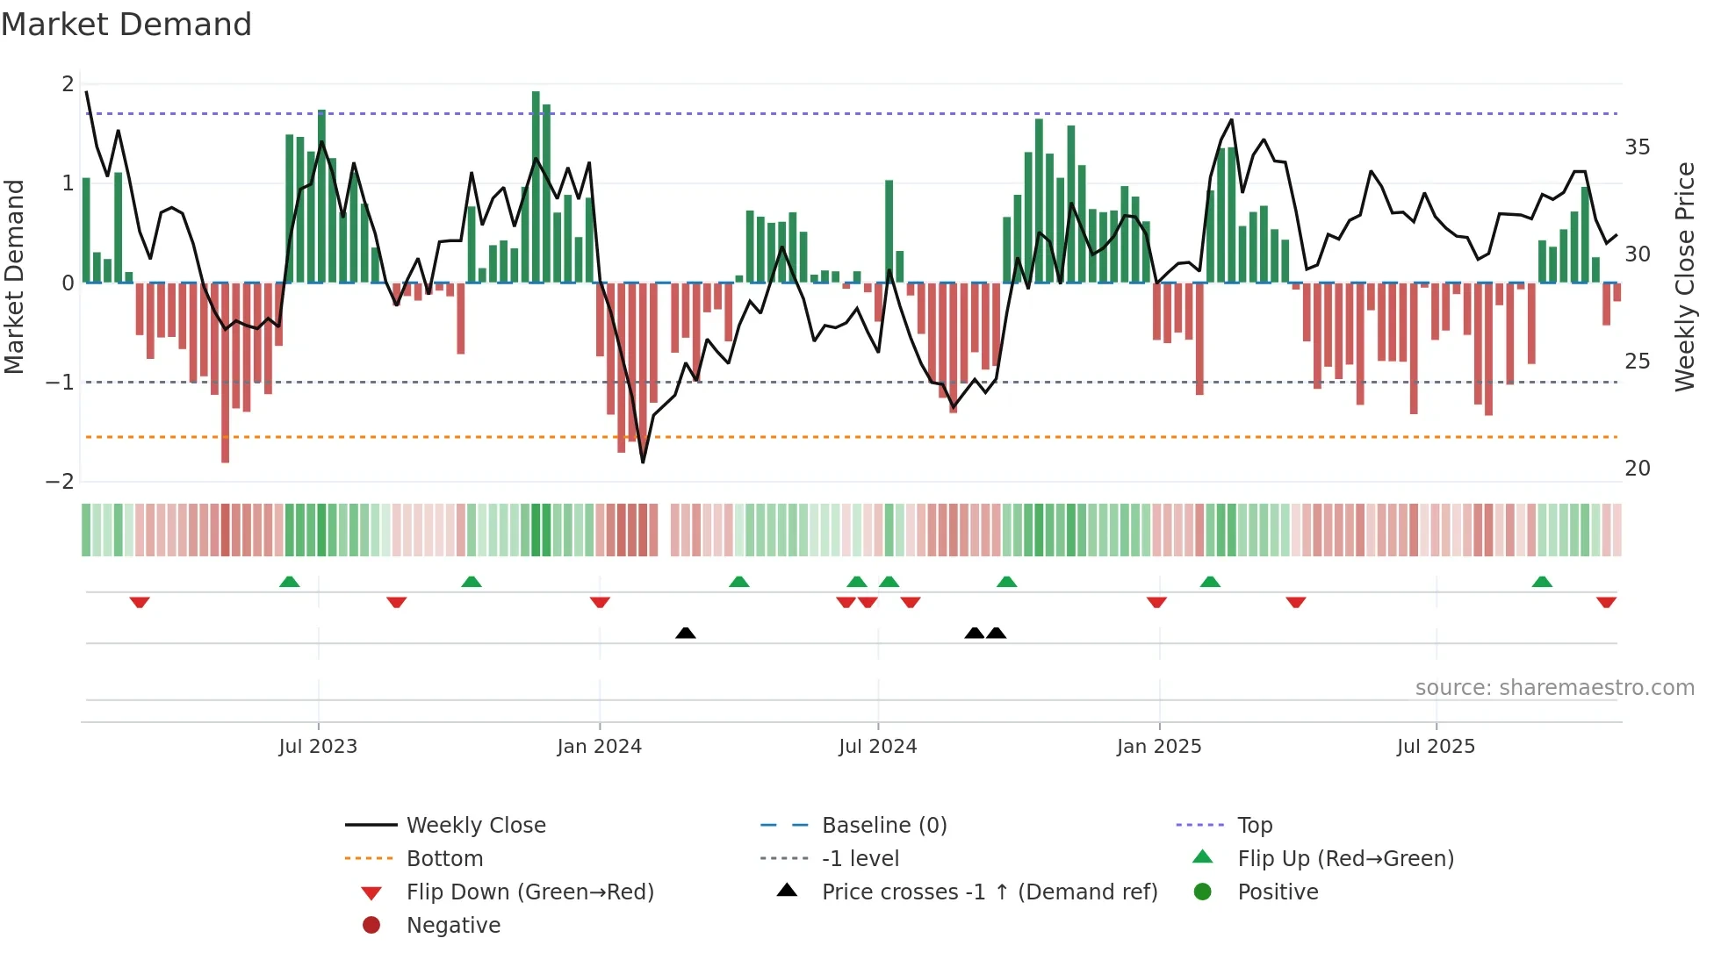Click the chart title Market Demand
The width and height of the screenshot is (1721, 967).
tap(126, 25)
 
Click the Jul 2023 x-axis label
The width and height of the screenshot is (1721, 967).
tap(318, 747)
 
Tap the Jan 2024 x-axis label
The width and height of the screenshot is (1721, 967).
tap(599, 747)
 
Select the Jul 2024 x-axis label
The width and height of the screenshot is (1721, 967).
tap(877, 747)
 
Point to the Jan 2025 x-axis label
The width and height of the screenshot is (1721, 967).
tap(1158, 747)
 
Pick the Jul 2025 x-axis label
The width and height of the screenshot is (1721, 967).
tap(1436, 747)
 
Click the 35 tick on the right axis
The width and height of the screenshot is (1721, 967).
tap(1637, 147)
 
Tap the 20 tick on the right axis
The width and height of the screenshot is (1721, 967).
tap(1637, 469)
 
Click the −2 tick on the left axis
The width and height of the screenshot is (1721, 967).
tap(60, 482)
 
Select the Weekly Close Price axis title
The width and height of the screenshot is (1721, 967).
tap(1684, 276)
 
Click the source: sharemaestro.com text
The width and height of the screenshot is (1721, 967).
tap(1554, 688)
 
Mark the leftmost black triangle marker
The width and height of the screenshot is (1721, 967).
tap(686, 633)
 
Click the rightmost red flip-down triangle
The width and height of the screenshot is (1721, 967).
tap(1606, 603)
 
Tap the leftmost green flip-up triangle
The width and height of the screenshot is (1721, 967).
tap(289, 581)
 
